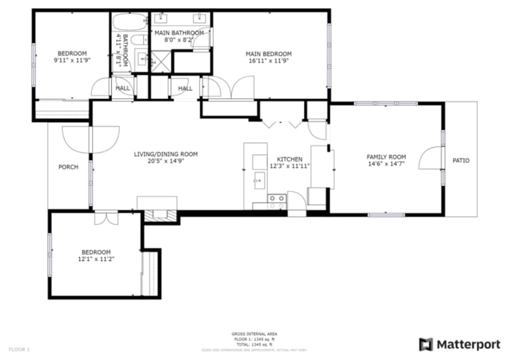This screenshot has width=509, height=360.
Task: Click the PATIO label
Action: (460, 160)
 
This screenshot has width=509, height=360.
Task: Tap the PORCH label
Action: (68, 167)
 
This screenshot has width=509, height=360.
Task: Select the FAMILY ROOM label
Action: (385, 157)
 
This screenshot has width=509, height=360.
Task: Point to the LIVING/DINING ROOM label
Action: (165, 154)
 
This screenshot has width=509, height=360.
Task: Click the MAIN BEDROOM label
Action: (268, 54)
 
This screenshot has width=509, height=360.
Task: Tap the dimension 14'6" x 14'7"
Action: (385, 165)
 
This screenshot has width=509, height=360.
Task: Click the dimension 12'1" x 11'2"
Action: (96, 258)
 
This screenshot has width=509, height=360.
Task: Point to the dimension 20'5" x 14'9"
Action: (165, 162)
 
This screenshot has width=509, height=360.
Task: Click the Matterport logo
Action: (459, 343)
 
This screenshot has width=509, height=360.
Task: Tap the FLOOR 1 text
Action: (19, 349)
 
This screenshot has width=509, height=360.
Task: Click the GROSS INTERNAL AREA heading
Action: (254, 334)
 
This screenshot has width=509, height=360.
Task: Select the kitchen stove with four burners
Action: (276, 198)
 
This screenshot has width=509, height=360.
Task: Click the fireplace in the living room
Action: (157, 215)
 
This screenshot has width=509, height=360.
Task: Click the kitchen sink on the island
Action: (257, 177)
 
